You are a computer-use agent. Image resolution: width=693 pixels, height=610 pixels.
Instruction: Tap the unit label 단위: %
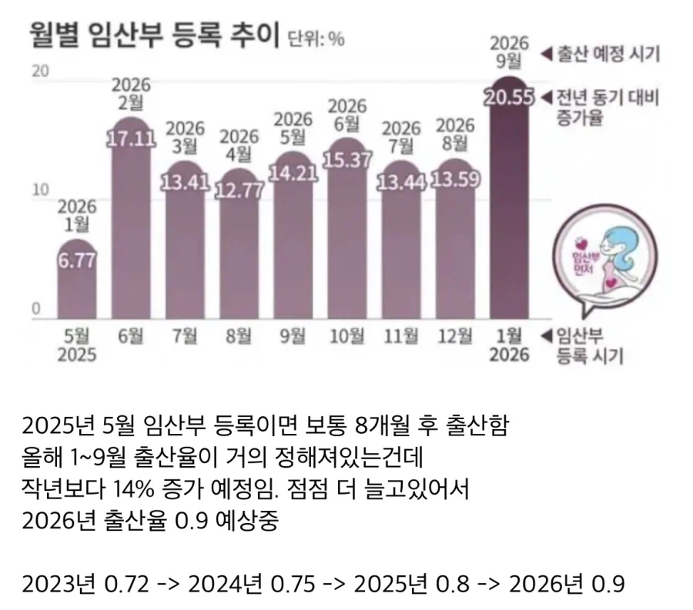(x=315, y=38)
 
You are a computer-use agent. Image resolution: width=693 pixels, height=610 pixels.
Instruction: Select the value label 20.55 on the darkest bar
(x=508, y=98)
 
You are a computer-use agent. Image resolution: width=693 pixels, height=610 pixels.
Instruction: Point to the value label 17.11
(x=131, y=139)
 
